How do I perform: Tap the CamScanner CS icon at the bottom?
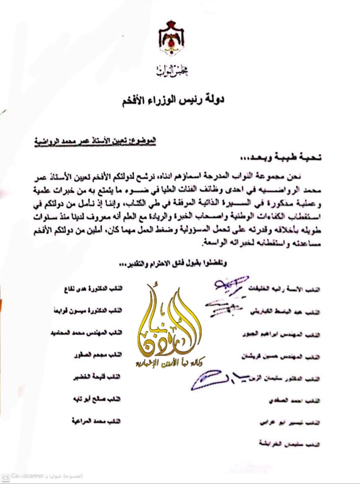(x=5, y=476)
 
